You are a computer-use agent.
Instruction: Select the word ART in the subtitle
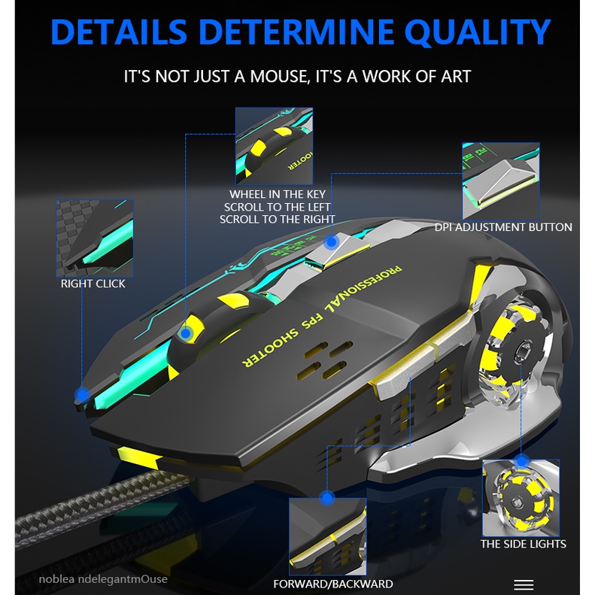pos(453,77)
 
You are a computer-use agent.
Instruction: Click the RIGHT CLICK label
pos(93,284)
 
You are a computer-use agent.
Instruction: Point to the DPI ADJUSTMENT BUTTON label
pos(503,227)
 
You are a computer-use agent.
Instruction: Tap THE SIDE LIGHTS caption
pos(524,544)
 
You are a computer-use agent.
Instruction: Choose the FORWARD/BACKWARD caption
pos(332,584)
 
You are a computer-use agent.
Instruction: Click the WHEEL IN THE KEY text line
pos(278,195)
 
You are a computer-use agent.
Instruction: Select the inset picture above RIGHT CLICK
pos(94,238)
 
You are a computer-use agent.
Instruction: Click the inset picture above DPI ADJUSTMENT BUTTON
pos(501,181)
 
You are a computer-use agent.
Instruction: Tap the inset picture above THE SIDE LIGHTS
pos(521,496)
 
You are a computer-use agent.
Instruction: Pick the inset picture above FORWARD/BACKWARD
pos(327,535)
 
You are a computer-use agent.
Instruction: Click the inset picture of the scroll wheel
pos(274,146)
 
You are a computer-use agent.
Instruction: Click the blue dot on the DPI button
pos(330,241)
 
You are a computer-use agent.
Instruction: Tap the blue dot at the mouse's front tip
pos(82,393)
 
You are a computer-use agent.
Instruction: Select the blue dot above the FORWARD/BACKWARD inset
pos(326,497)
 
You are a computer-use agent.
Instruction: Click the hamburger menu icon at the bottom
pos(524,584)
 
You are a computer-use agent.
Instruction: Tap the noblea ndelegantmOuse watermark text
pos(103,579)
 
